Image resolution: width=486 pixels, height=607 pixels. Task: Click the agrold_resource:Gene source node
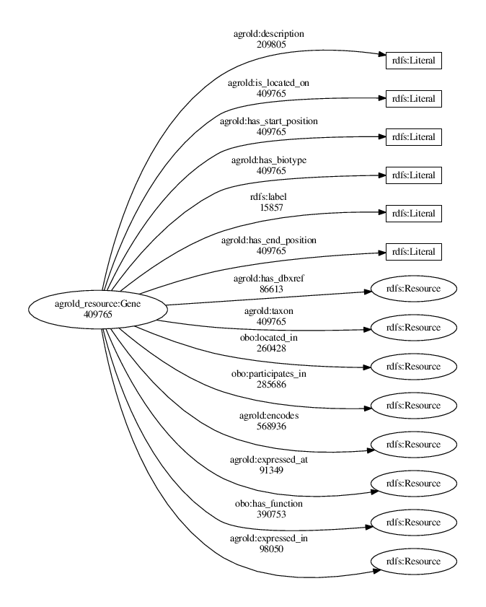point(97,310)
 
